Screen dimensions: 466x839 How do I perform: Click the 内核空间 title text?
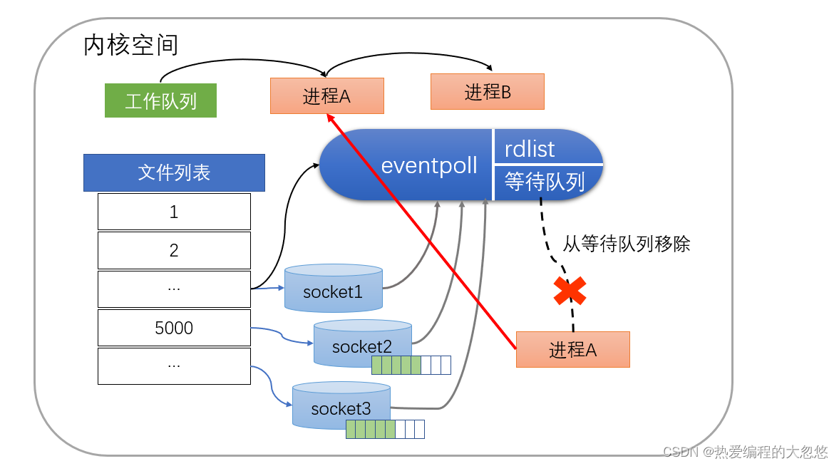[x=130, y=46]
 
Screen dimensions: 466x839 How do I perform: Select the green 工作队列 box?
[x=160, y=100]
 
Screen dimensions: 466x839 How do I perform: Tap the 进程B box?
[x=487, y=92]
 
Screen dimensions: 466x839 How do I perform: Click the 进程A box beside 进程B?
[x=326, y=96]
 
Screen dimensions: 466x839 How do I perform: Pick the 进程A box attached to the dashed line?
[x=572, y=349]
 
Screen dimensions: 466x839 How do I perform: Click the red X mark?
[x=570, y=291]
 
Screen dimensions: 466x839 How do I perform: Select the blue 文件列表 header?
[x=174, y=172]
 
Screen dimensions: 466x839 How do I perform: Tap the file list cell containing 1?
[x=174, y=212]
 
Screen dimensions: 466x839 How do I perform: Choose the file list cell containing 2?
[x=174, y=250]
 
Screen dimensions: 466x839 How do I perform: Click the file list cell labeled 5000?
[x=174, y=328]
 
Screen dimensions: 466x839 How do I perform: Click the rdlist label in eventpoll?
[x=530, y=149]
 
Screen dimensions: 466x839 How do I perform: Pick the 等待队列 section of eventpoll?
[x=545, y=182]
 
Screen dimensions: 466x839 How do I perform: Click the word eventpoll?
[x=429, y=166]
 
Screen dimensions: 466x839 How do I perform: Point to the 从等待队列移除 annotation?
[x=626, y=244]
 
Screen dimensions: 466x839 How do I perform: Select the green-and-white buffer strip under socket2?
[x=411, y=366]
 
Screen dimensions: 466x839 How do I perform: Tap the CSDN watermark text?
[x=745, y=452]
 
